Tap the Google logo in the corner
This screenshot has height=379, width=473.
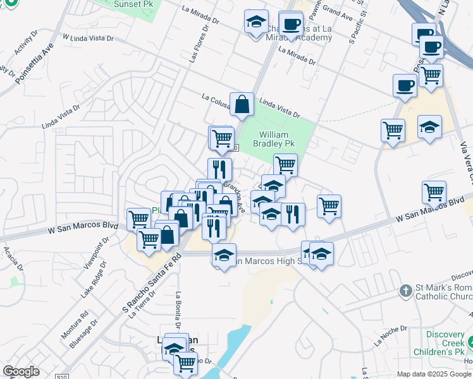(x=21, y=371)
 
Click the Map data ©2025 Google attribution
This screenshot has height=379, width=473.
(x=434, y=373)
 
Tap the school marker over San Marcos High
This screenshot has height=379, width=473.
(x=223, y=255)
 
